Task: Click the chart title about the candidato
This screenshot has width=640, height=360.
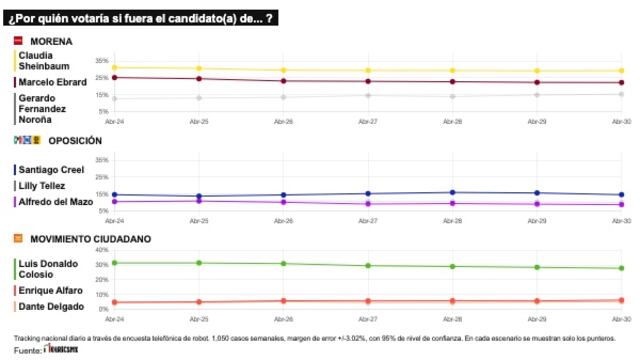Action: click(139, 19)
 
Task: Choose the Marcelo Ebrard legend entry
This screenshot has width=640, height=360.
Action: click(52, 82)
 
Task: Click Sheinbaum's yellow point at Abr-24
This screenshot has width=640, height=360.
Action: click(115, 67)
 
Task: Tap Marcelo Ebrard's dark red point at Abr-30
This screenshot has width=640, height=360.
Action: click(621, 83)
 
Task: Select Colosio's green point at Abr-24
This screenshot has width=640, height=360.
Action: click(115, 262)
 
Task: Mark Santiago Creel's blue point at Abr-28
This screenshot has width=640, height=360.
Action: click(452, 192)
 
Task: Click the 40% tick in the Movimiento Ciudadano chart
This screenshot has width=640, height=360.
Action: click(102, 250)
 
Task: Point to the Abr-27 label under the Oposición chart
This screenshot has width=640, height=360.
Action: click(368, 220)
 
